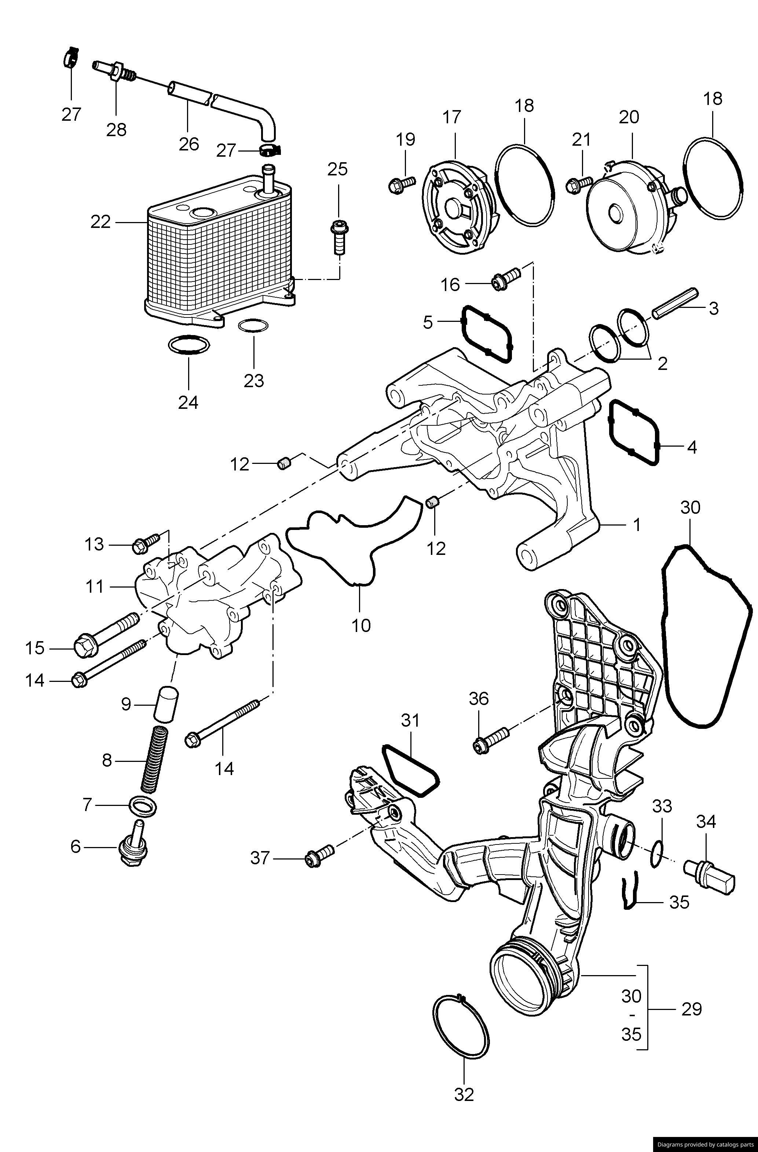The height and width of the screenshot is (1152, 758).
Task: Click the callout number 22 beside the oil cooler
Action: coord(100,222)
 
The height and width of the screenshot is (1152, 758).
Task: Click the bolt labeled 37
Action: coord(319,858)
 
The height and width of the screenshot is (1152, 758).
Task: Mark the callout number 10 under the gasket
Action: coord(361,625)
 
